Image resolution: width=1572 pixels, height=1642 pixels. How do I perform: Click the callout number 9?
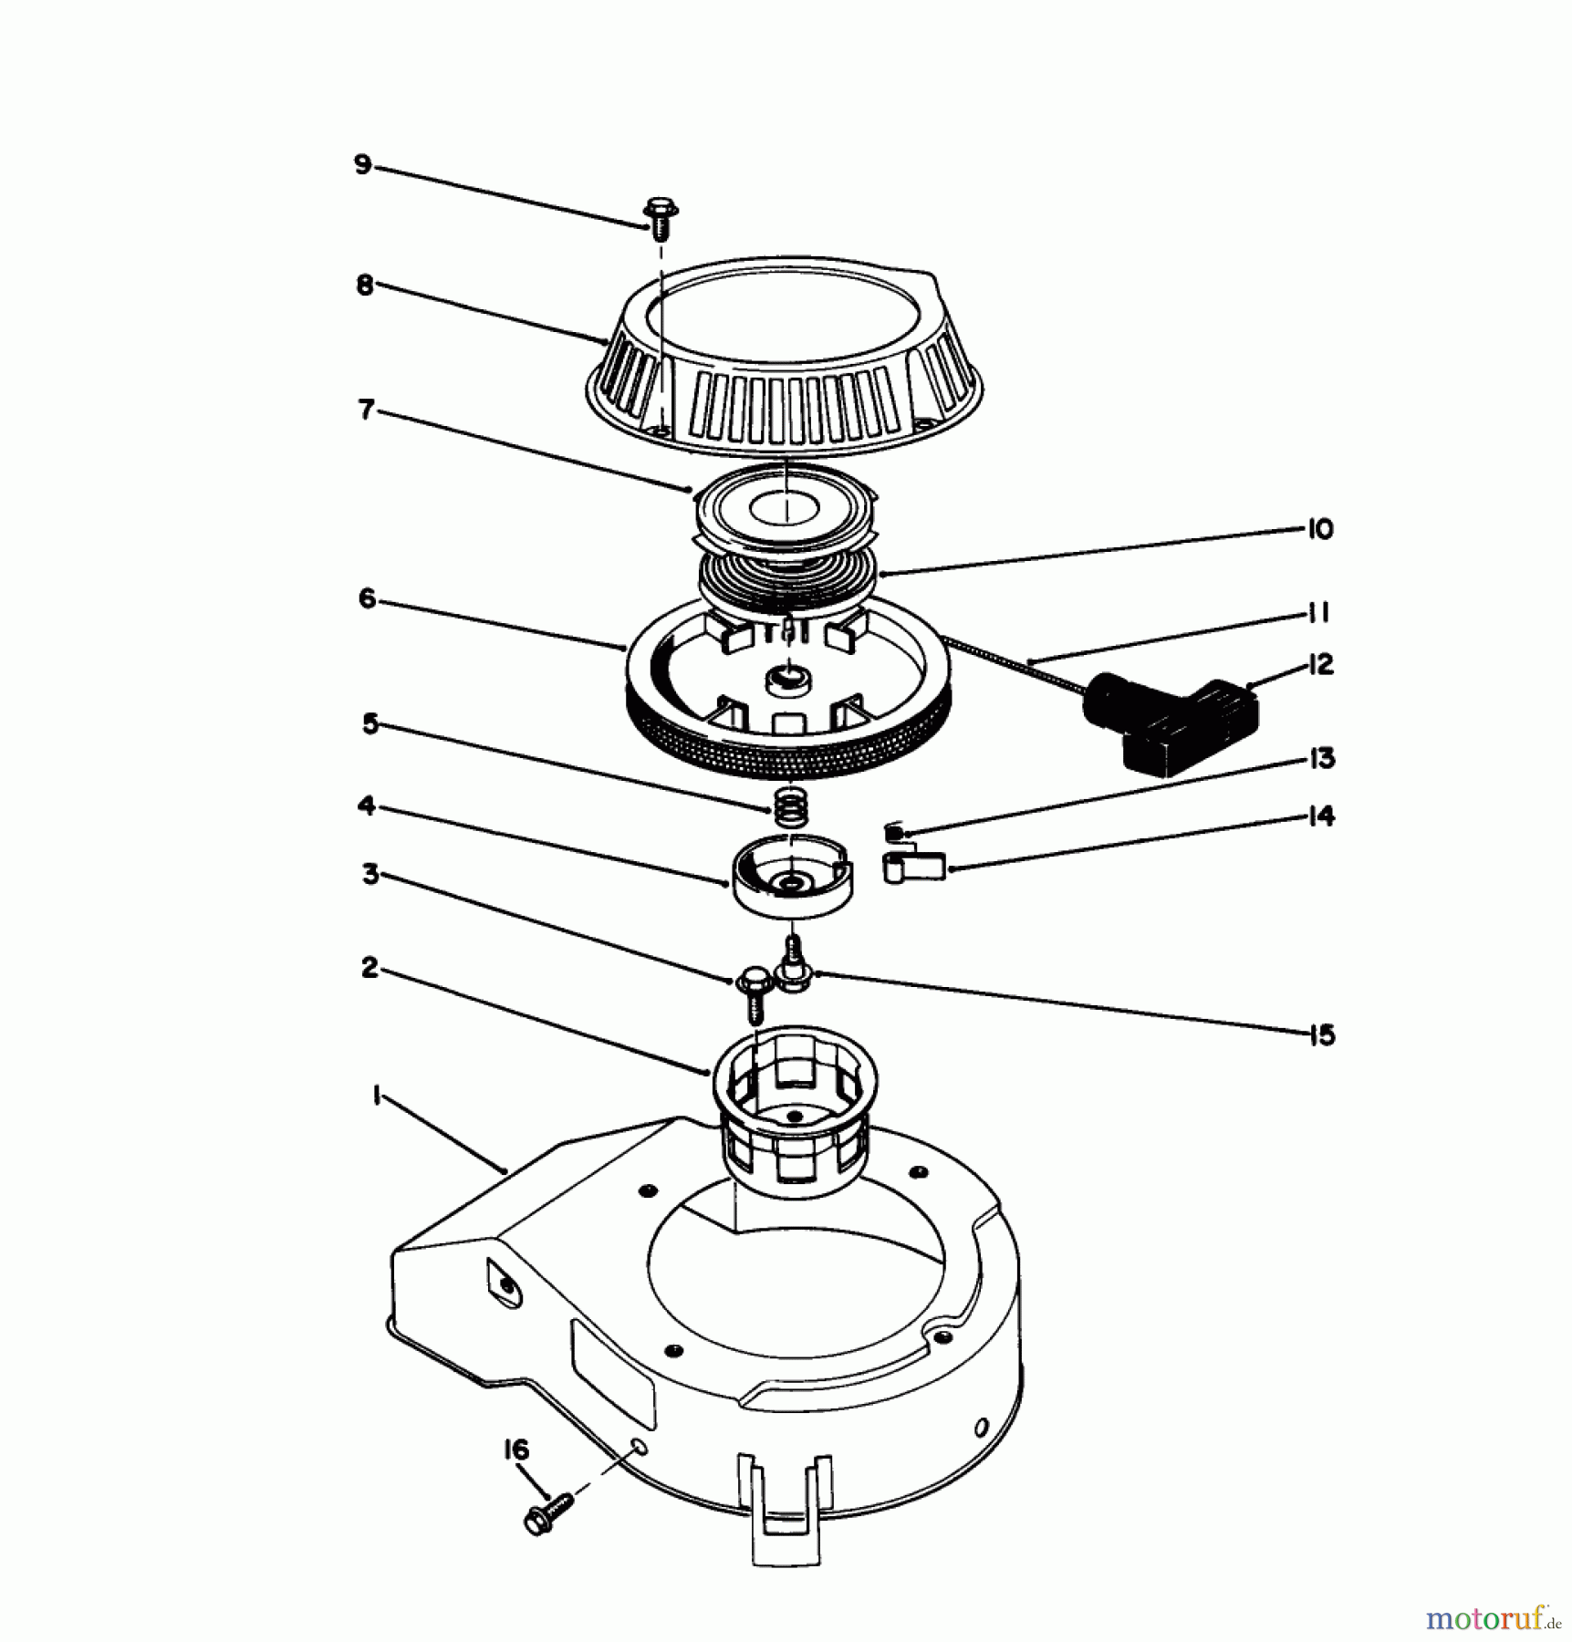(x=363, y=165)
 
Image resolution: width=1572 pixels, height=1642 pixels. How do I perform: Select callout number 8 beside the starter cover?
(x=364, y=285)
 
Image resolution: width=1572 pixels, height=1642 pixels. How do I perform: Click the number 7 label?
(x=366, y=410)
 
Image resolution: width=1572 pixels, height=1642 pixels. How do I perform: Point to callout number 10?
(x=1320, y=529)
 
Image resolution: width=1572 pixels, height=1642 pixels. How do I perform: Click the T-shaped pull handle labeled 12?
(x=1168, y=725)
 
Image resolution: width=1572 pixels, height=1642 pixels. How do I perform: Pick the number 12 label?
(x=1320, y=664)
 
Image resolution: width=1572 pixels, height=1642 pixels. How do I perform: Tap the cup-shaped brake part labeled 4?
(x=791, y=877)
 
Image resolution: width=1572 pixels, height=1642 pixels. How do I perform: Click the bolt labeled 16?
(x=548, y=1514)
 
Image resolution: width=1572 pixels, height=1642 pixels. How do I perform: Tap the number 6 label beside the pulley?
(x=367, y=599)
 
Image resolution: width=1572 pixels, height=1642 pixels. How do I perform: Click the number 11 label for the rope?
(x=1317, y=613)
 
